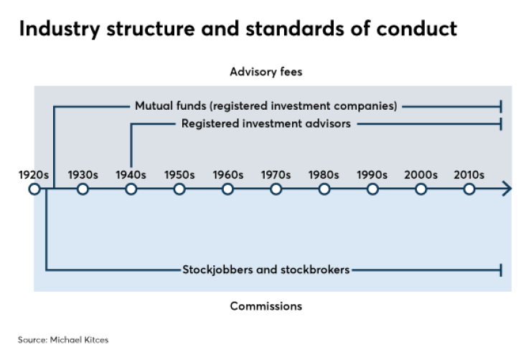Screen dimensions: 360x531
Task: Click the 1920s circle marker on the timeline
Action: [x=34, y=189]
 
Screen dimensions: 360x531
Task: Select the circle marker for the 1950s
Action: [x=179, y=189]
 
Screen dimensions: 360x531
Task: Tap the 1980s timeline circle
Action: [x=324, y=189]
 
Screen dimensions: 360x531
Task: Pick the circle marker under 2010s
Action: [x=469, y=189]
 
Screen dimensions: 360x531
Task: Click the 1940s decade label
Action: [x=131, y=174]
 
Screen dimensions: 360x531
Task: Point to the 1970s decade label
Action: [x=276, y=174]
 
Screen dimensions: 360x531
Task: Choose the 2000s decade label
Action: [x=420, y=174]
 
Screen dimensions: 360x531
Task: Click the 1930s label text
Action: [x=83, y=174]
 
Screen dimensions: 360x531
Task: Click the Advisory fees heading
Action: [x=266, y=72]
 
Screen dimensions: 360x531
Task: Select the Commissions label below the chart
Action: [x=266, y=306]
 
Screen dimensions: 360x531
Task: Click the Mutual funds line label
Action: [x=266, y=105]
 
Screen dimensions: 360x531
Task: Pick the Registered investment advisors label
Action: [x=266, y=123]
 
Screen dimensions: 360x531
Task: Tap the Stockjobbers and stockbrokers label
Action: [x=266, y=270]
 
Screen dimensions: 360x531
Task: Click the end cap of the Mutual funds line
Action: [x=500, y=106]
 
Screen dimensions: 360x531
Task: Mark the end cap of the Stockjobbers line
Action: [x=500, y=270]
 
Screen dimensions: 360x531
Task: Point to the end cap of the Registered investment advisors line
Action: [x=500, y=124]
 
